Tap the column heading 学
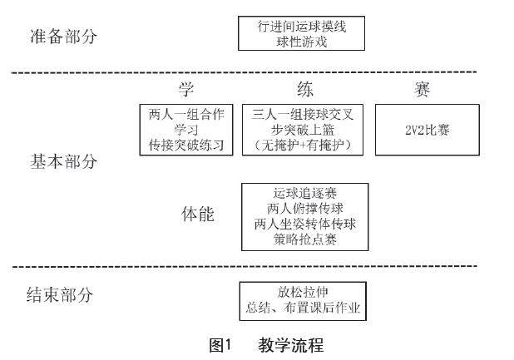185,89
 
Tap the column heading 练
305,89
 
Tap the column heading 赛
425,89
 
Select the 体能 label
198,215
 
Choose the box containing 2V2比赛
425,130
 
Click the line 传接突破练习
185,145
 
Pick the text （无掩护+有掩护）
305,145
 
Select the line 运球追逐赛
304,193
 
